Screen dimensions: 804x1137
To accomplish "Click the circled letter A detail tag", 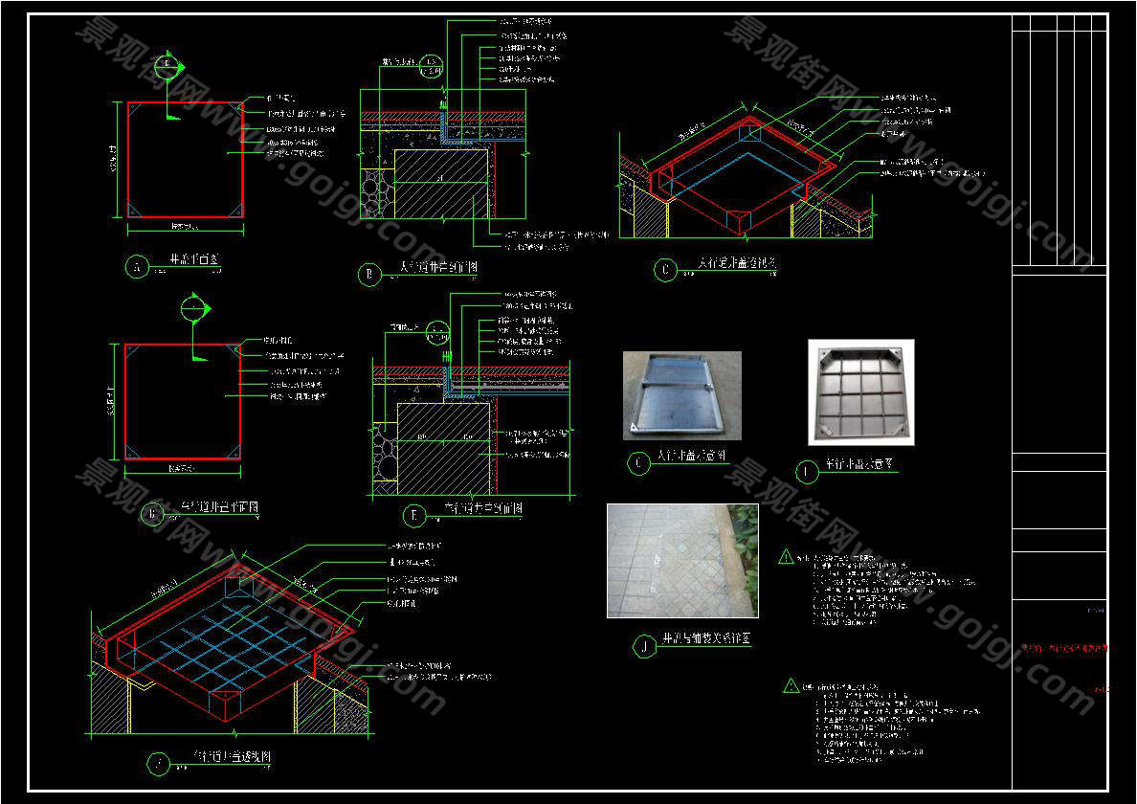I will (x=137, y=267).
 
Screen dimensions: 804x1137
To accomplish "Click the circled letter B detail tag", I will (x=368, y=276).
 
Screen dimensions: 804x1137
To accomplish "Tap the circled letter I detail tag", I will (x=807, y=471).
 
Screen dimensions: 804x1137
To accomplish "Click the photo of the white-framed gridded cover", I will (x=860, y=391).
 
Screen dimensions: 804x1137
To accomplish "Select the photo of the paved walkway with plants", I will (x=682, y=560).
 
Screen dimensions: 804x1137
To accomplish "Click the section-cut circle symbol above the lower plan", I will (x=192, y=308).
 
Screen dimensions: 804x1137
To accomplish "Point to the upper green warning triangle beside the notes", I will (x=786, y=556).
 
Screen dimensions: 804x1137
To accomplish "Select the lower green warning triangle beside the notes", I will (x=791, y=685).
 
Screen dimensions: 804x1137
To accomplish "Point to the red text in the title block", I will (x=1063, y=649).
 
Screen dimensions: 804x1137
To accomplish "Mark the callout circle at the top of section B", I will (x=434, y=66).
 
